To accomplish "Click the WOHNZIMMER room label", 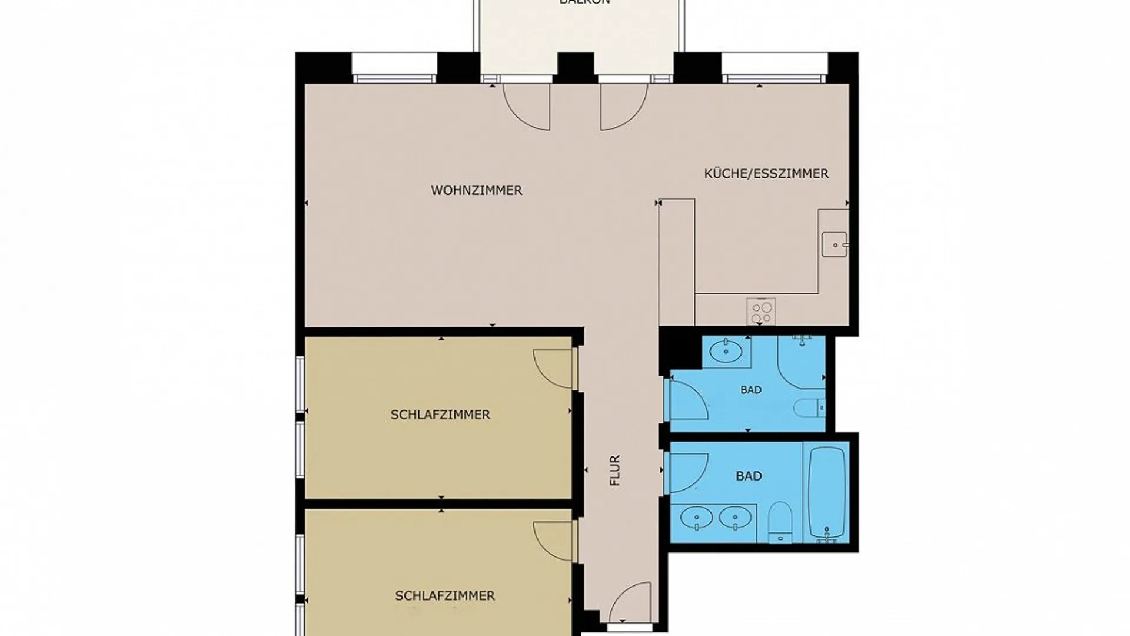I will [476, 191].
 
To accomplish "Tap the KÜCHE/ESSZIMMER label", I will [766, 174].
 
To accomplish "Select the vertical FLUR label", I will [616, 471].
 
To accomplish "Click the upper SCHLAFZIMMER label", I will [440, 415].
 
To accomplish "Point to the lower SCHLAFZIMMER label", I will [445, 596].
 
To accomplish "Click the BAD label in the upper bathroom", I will [750, 390].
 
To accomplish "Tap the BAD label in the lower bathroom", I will [749, 476].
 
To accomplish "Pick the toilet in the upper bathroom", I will [808, 408].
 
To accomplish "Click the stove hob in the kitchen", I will [761, 311].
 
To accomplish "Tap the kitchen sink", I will [835, 243].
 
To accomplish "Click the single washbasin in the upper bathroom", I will [726, 352].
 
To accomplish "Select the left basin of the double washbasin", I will [696, 519].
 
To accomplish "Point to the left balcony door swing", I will [527, 106].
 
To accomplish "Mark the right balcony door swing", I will [623, 106].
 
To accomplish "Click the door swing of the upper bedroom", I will [554, 369].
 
